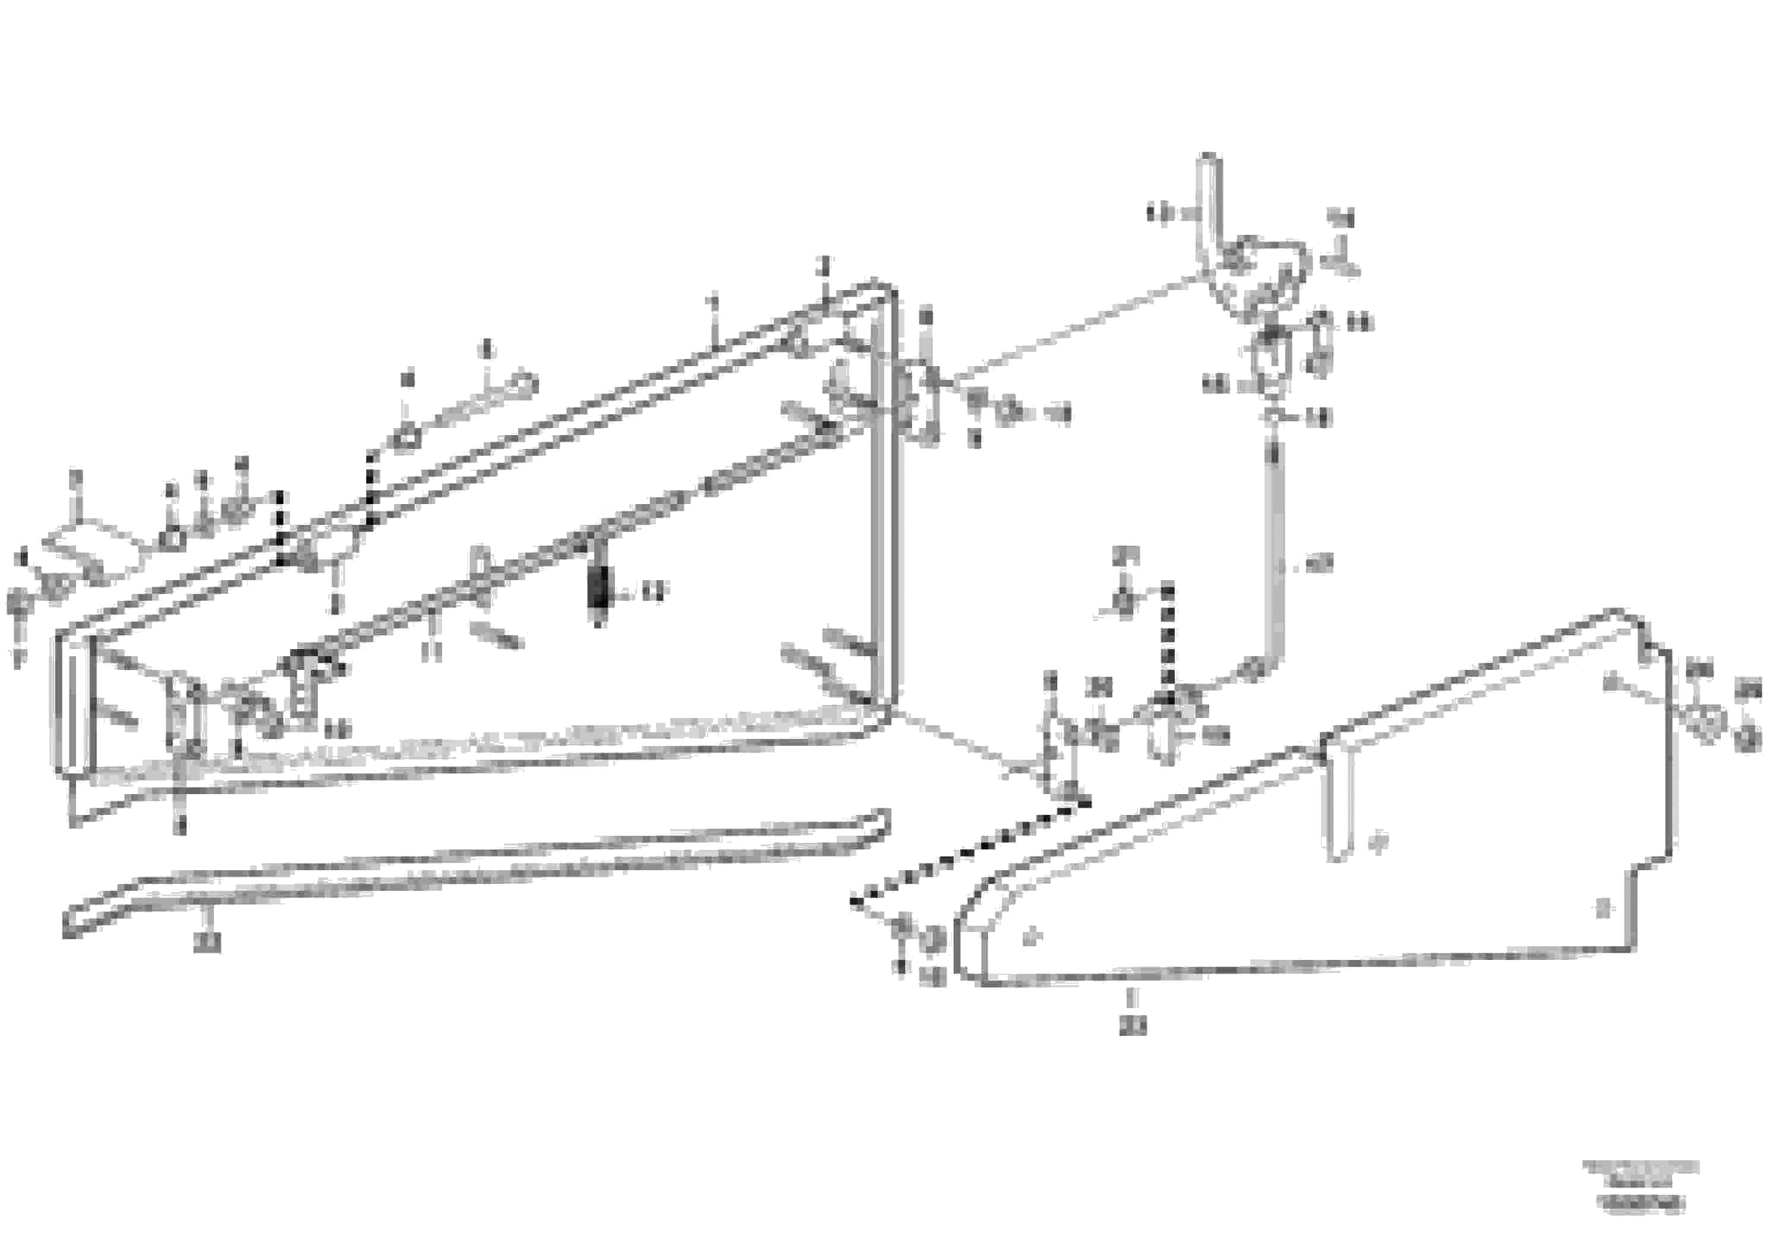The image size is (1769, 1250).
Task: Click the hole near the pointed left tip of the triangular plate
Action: (x=1030, y=938)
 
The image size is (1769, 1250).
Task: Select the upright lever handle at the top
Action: (x=1207, y=208)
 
